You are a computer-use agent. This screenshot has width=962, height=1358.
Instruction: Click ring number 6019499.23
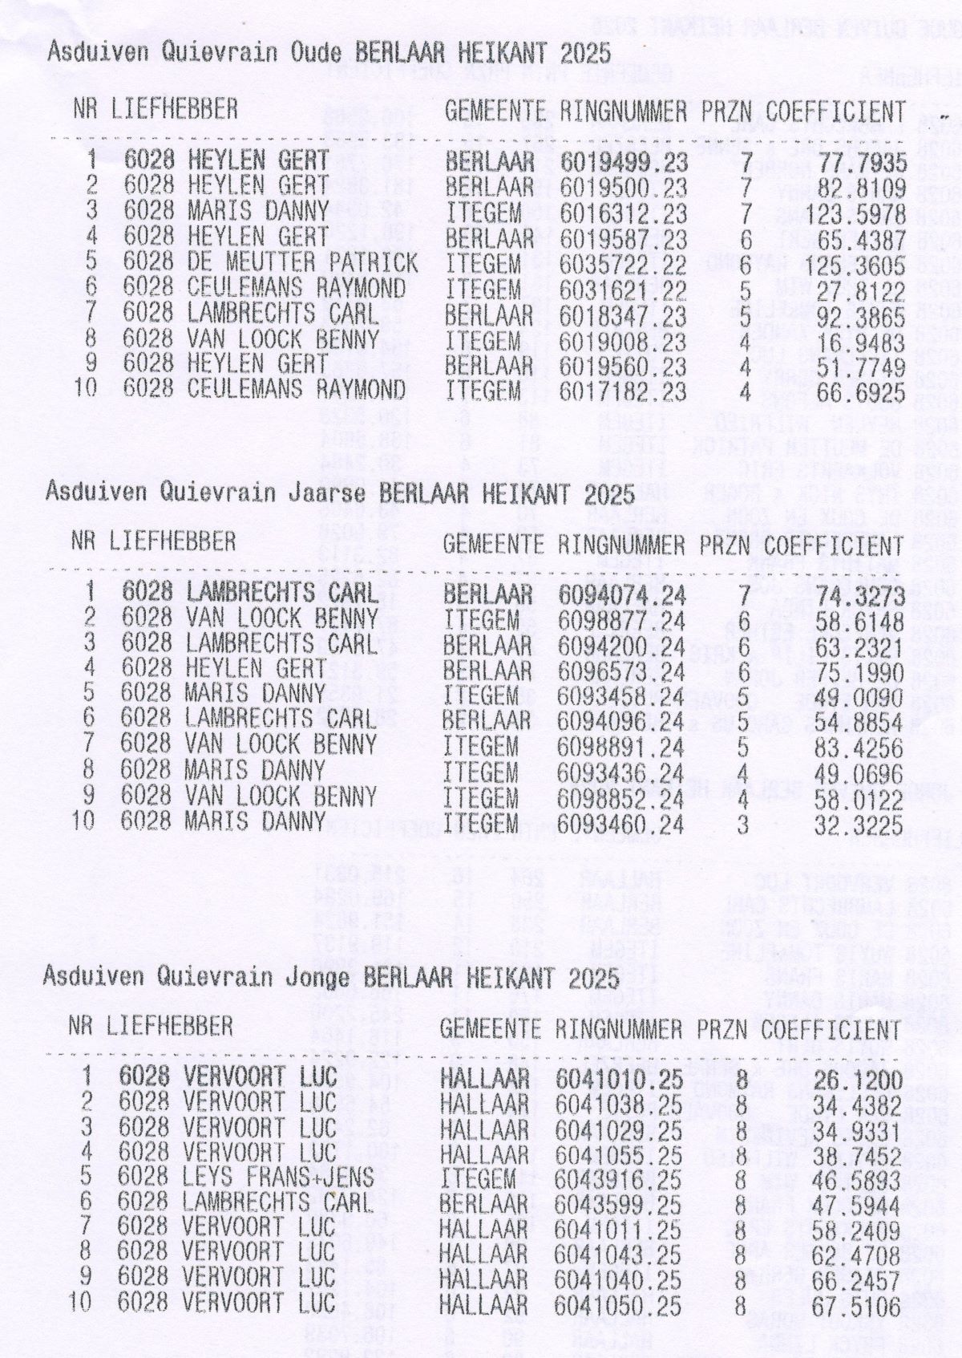(624, 162)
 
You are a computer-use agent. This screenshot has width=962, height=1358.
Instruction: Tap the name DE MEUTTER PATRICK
(302, 263)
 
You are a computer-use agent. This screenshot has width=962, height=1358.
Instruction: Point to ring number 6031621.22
(624, 289)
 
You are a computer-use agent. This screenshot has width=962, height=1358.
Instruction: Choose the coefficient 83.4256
(859, 747)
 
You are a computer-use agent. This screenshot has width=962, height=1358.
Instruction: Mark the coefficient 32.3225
(859, 824)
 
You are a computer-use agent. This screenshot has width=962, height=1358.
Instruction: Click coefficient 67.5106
(856, 1303)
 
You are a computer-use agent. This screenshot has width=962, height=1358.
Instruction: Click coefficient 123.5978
(856, 214)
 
